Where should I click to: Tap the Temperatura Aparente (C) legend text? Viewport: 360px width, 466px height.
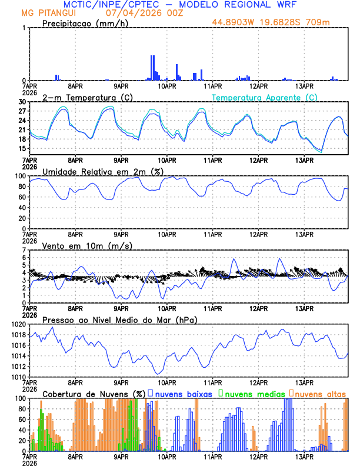click(265, 97)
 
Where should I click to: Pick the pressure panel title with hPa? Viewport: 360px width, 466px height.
click(120, 319)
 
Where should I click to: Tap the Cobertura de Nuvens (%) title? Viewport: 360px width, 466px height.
click(94, 393)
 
